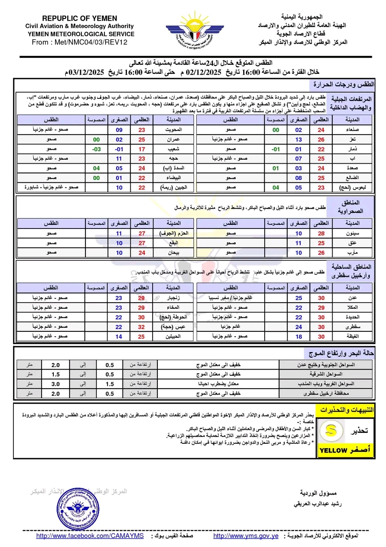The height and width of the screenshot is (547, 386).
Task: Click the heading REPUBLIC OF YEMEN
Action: click(x=80, y=18)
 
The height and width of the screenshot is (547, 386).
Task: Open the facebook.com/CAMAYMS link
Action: click(x=90, y=536)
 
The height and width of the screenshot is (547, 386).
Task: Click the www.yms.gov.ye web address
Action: click(x=246, y=536)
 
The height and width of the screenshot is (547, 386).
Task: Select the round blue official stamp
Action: click(x=78, y=509)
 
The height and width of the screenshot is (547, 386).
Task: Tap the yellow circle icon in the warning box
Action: click(x=331, y=430)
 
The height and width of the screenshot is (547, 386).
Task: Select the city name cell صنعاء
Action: click(x=352, y=130)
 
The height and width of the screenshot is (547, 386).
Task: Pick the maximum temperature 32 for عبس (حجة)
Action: click(x=141, y=327)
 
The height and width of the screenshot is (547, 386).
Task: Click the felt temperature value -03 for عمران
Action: click(x=96, y=149)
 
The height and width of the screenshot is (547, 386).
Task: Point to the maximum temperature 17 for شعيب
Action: click(x=142, y=149)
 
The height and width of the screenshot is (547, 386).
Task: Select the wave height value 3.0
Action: click(x=55, y=384)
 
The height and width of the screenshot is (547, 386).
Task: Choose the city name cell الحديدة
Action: click(x=352, y=317)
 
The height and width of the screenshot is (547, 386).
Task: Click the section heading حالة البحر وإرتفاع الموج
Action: click(x=341, y=353)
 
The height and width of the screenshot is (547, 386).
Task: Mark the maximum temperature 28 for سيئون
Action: click(x=321, y=233)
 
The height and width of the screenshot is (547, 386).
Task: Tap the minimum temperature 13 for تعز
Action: click(x=298, y=139)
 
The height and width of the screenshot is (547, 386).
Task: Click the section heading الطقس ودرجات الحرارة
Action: click(x=343, y=84)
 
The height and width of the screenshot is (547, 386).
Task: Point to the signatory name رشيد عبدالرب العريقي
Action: click(x=318, y=504)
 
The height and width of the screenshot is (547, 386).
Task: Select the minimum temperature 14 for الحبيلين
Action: click(x=119, y=336)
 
